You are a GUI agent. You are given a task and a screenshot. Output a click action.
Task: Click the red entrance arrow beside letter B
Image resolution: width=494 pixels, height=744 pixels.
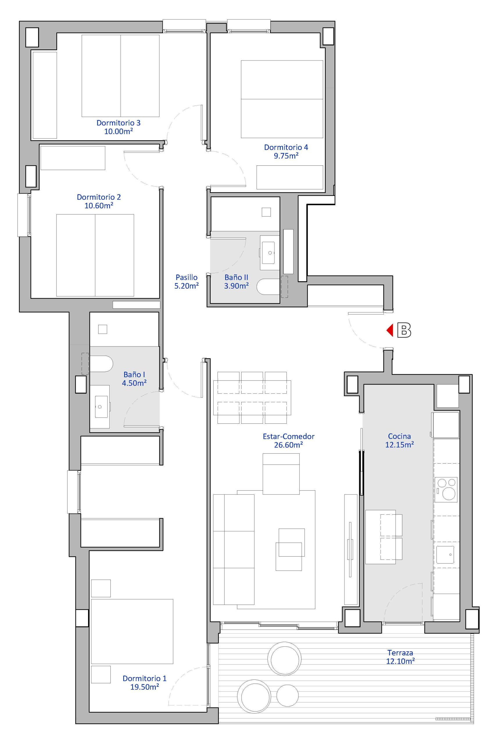click(x=390, y=330)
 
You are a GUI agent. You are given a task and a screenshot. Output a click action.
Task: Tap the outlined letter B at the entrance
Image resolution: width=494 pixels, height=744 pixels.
click(x=404, y=330)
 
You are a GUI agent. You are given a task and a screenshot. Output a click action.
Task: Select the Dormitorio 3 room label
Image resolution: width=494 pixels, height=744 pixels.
click(x=119, y=123)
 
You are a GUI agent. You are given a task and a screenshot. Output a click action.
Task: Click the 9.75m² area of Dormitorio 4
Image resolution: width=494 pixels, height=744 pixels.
click(x=286, y=156)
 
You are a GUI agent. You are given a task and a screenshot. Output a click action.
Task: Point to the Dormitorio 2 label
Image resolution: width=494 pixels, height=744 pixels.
click(x=99, y=197)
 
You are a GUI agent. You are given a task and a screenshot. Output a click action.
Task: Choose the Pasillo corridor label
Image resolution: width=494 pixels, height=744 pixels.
click(x=187, y=277)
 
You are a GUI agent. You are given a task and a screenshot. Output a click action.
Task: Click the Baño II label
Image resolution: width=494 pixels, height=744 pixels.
click(x=236, y=277)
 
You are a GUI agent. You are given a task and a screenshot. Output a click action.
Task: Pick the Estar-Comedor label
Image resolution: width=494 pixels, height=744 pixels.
click(x=289, y=437)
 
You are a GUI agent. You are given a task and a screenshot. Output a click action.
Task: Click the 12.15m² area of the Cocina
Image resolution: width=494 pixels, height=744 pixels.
click(x=400, y=445)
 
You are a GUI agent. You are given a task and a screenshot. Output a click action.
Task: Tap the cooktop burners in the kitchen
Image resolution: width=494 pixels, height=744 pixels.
click(x=446, y=490)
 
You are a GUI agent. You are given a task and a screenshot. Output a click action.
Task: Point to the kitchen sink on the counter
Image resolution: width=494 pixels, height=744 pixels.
click(x=445, y=555)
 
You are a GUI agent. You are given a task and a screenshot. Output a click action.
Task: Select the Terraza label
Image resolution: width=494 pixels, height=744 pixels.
click(x=400, y=653)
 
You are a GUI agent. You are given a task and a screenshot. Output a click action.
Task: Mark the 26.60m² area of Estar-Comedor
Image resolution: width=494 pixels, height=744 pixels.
click(x=289, y=445)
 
